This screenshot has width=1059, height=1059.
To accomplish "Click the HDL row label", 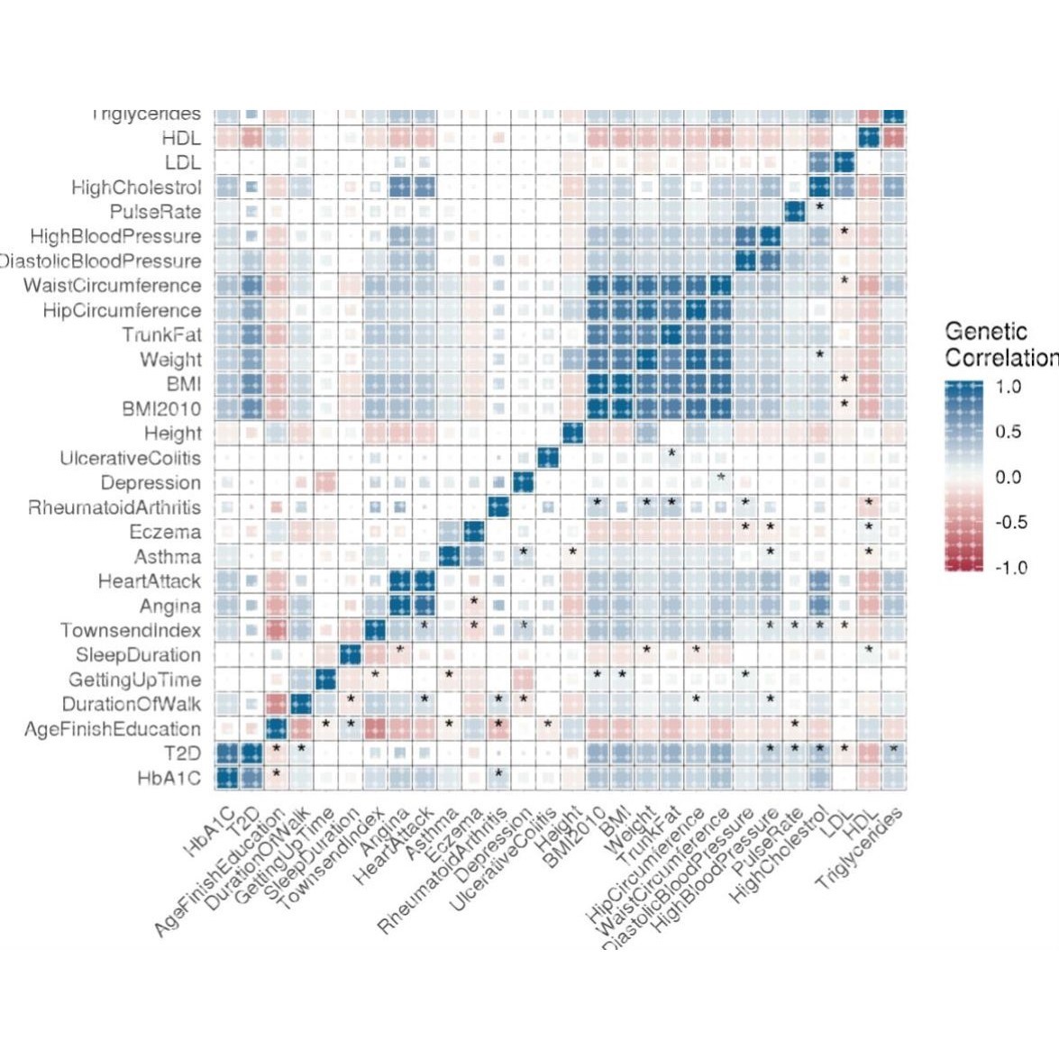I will click(x=181, y=139).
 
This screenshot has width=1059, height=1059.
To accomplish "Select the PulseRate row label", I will click(x=155, y=212).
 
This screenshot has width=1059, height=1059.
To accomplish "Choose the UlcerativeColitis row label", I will click(x=131, y=458).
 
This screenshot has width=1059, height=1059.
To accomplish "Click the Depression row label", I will click(x=151, y=482).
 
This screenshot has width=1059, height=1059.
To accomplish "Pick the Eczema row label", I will click(x=165, y=532).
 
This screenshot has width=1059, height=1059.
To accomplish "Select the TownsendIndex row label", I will click(x=131, y=630).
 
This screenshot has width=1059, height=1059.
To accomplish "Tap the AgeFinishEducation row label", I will click(x=113, y=728).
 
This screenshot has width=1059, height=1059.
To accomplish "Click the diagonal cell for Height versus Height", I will click(x=571, y=434).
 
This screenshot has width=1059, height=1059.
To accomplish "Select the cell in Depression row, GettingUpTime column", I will click(x=325, y=482).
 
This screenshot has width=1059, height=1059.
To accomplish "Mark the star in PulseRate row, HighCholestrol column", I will click(x=819, y=206).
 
